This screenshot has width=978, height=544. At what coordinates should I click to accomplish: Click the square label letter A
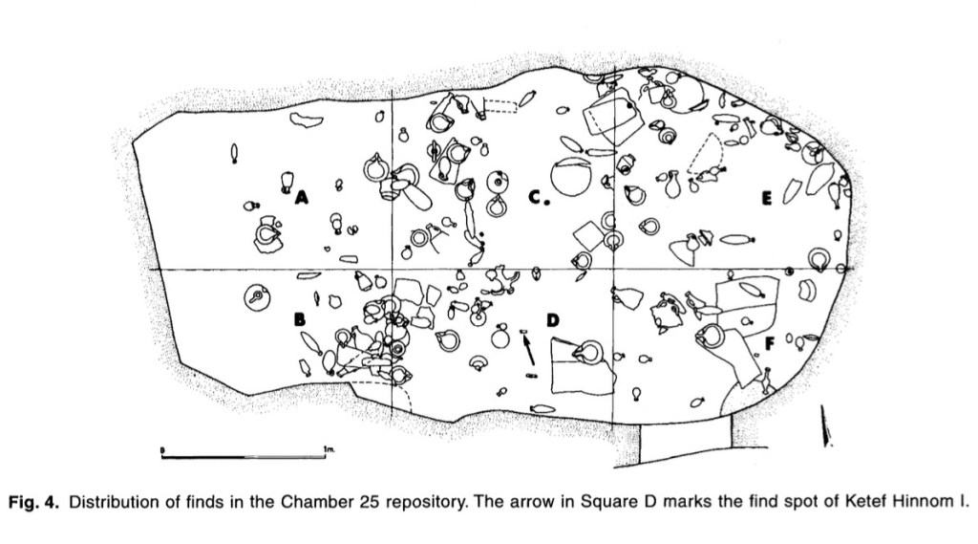pyautogui.click(x=302, y=198)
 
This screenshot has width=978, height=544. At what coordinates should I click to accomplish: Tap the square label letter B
pyautogui.click(x=300, y=319)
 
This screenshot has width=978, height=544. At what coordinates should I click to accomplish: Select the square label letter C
pyautogui.click(x=535, y=197)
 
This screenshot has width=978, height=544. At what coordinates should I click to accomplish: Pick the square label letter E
pyautogui.click(x=766, y=198)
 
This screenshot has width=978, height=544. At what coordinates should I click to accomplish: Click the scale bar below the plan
pyautogui.click(x=244, y=456)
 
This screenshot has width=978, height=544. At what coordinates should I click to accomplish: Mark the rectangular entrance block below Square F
pyautogui.click(x=686, y=441)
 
